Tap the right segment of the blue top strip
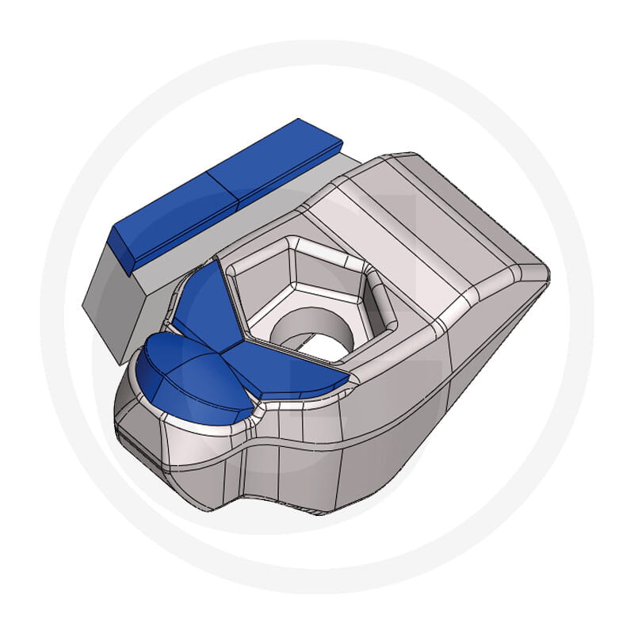[x=273, y=158]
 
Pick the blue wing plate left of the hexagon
[x=202, y=305]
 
